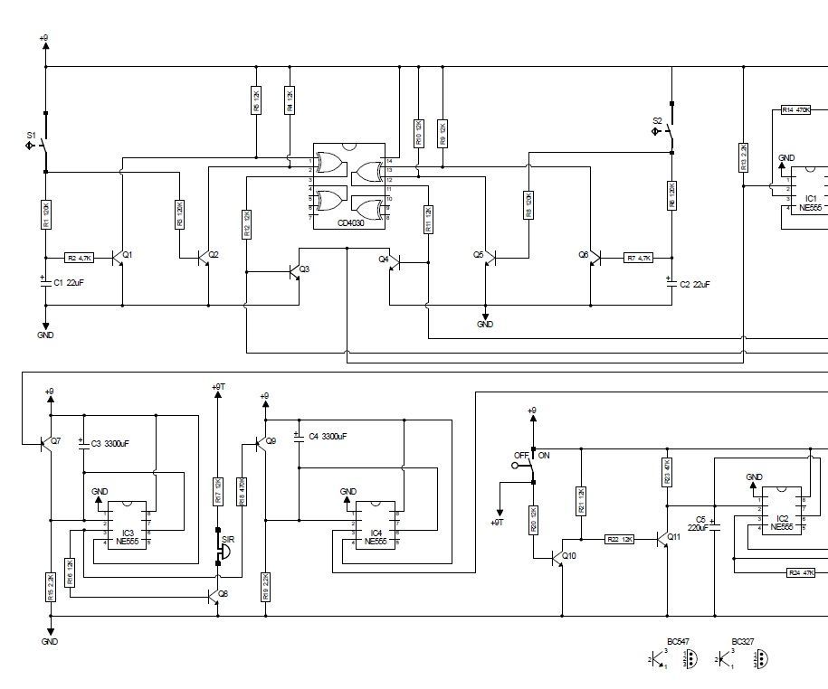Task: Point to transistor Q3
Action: coord(295,269)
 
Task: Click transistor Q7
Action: coord(47,443)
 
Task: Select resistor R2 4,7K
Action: coord(79,258)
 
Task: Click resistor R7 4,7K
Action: coord(638,258)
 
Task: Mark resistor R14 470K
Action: coord(795,109)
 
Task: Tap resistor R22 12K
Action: coord(620,539)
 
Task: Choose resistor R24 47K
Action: coord(800,572)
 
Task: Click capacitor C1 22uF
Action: coord(47,282)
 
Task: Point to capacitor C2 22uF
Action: coord(671,282)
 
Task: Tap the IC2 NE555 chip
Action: coord(781,511)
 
